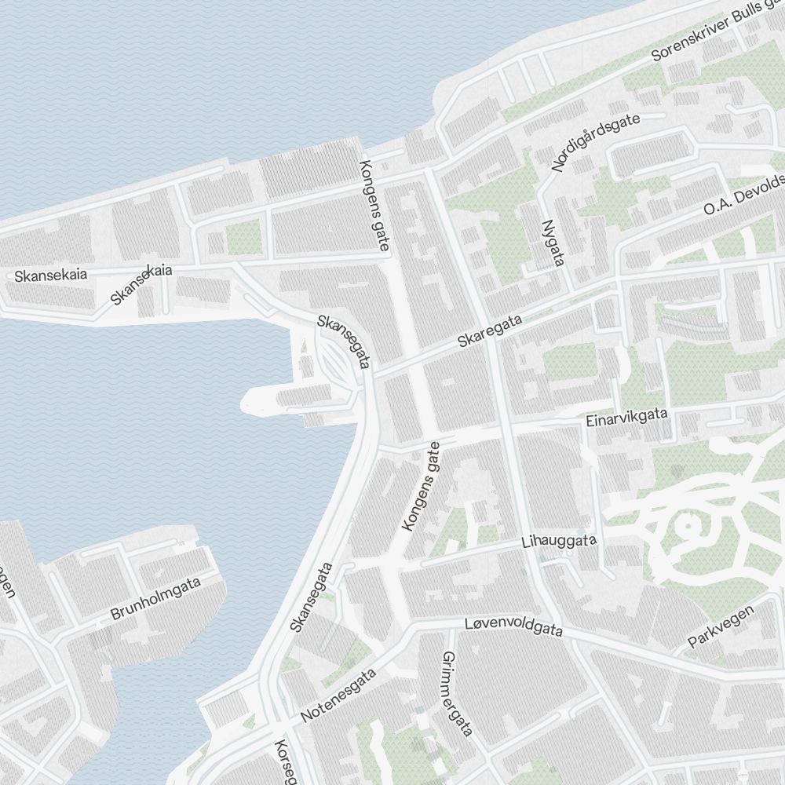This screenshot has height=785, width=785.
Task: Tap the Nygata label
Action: point(553,242)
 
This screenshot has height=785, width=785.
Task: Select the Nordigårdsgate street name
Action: point(596,142)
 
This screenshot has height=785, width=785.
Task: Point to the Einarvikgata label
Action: point(626,418)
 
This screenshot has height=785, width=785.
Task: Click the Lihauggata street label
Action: point(559,542)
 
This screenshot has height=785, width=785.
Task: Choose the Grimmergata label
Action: point(458,693)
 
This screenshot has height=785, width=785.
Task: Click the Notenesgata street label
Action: point(338,696)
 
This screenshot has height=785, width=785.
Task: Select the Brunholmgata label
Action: point(155,599)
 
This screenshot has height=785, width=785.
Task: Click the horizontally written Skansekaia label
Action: point(50,276)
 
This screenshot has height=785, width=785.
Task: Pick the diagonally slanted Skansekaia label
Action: point(141,283)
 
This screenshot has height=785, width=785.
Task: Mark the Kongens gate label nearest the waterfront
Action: point(374,206)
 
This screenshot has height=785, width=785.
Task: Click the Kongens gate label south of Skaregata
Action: point(421,486)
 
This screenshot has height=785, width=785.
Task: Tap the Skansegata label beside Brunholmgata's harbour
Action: point(311,597)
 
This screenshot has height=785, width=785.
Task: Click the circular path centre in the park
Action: point(685,525)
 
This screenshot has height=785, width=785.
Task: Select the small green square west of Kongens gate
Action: point(243,236)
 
